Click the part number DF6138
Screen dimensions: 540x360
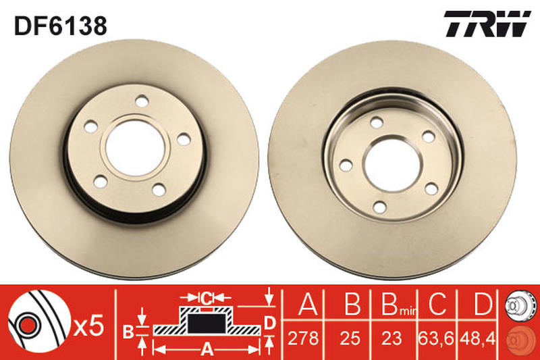(x=61, y=26)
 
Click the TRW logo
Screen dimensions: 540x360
(x=487, y=24)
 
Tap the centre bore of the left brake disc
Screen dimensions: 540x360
(x=134, y=148)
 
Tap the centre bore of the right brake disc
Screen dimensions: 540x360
(x=393, y=165)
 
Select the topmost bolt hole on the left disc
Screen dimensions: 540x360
(x=142, y=101)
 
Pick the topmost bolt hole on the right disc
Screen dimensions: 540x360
(x=377, y=123)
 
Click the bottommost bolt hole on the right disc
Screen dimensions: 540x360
(x=380, y=207)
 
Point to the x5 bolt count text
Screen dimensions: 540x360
(x=88, y=326)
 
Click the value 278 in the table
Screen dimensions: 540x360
(x=303, y=338)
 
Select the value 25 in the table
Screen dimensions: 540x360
(x=350, y=338)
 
